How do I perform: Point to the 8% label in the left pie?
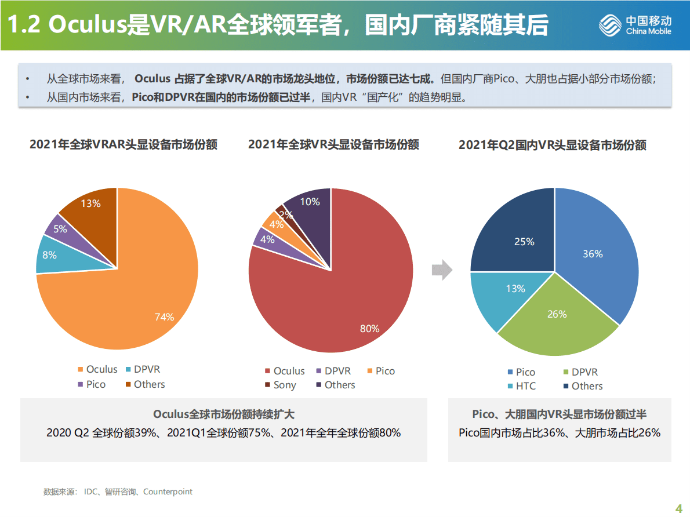point(50,254)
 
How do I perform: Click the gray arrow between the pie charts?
point(442,269)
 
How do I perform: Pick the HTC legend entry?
point(521,386)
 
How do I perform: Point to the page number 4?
point(679,509)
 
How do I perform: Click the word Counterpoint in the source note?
point(168,491)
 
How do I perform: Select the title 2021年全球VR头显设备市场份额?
point(333,144)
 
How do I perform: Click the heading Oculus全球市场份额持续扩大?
point(224,414)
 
